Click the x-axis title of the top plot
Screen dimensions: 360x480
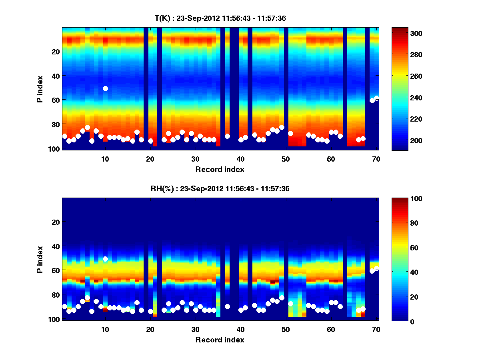(220, 169)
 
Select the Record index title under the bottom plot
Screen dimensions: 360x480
(220, 340)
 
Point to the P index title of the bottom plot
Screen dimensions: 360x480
(40, 259)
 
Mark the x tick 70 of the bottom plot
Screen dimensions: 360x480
(376, 329)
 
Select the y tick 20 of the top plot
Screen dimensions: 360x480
(56, 52)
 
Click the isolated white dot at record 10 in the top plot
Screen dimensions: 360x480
(105, 88)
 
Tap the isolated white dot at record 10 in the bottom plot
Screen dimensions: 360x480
(105, 259)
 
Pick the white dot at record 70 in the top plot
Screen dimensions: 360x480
(376, 98)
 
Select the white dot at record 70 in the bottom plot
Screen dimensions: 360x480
(376, 268)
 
